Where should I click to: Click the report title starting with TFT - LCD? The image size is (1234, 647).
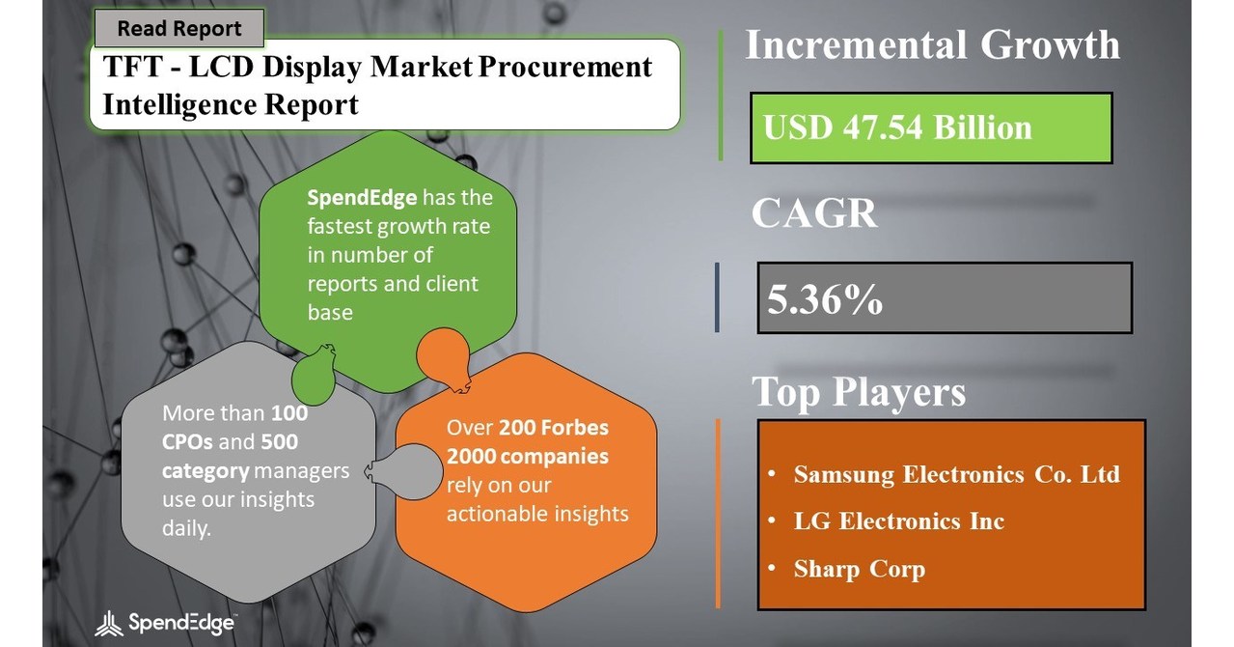(x=377, y=85)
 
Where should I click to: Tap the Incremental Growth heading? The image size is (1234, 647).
(x=932, y=45)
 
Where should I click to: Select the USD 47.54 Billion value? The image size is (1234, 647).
(x=897, y=127)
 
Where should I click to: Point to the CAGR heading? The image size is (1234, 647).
(x=814, y=213)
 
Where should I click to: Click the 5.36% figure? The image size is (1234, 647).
(x=825, y=300)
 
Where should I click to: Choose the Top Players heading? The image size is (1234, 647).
(x=858, y=392)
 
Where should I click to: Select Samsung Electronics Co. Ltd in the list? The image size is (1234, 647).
(x=955, y=474)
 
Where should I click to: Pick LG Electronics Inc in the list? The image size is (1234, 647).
(x=898, y=521)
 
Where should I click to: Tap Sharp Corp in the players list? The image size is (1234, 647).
(x=859, y=569)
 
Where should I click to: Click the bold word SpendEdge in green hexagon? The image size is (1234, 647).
(x=362, y=198)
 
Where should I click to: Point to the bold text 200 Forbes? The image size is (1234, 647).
(x=554, y=427)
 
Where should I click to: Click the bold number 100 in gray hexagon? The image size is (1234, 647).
(x=288, y=413)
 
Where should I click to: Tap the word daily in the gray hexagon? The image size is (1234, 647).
(x=186, y=528)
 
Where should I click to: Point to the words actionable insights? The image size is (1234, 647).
(x=536, y=513)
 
